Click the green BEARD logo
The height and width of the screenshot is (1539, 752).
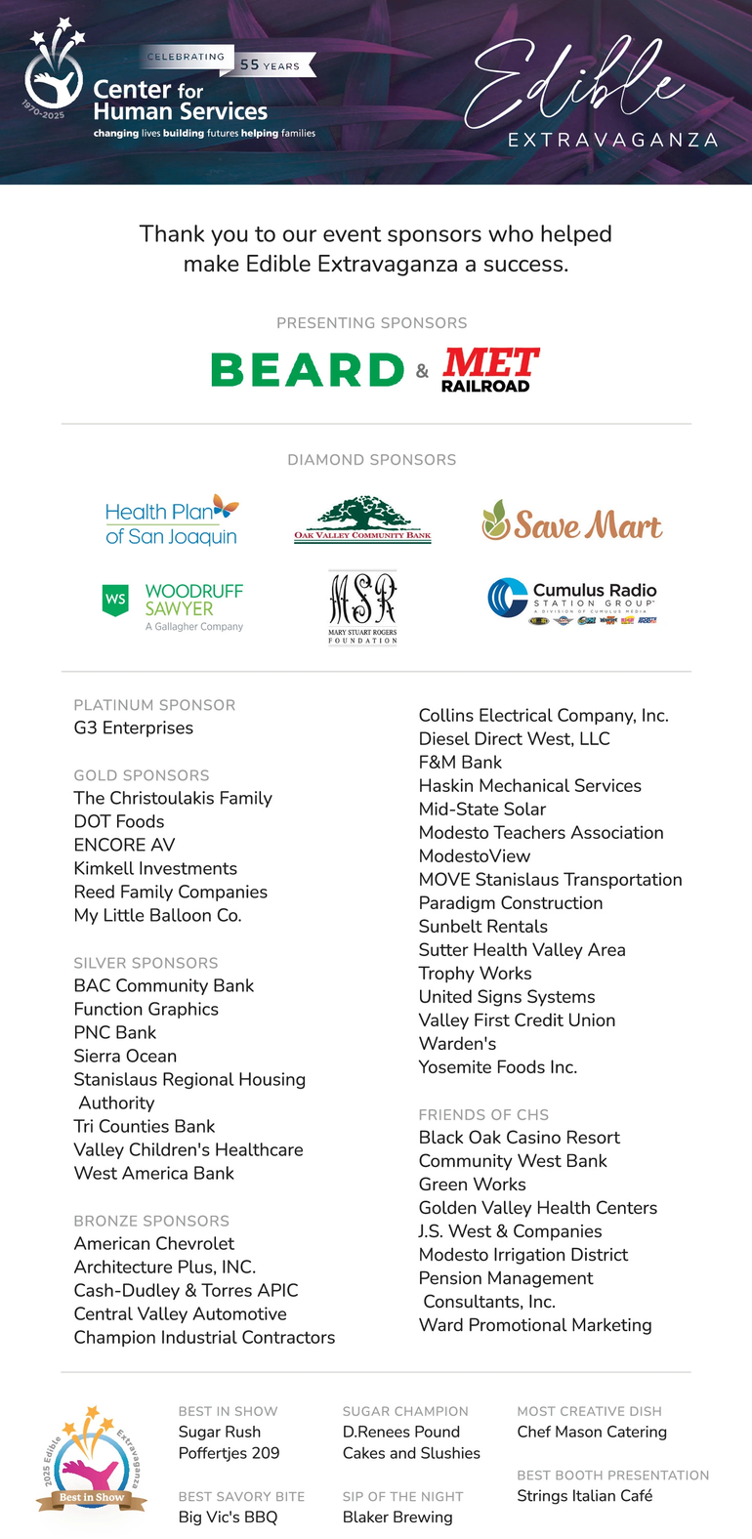pos(307,370)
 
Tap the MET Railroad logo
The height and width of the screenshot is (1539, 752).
pos(490,370)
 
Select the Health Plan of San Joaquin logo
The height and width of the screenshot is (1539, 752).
pos(172,522)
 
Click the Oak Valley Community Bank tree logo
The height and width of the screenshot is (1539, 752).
pos(362,519)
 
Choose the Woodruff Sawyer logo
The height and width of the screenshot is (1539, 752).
pos(173,605)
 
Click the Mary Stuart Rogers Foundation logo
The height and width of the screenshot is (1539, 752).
pos(362,606)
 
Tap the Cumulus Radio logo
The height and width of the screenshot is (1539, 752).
pos(572,600)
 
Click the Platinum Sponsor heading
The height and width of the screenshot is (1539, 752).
pos(154,705)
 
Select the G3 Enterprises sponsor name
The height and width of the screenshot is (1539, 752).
pos(134,728)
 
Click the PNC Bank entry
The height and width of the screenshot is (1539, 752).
pos(115,1032)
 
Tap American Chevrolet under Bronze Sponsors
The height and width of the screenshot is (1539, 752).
pos(154,1243)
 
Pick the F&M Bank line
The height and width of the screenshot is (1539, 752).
pos(460,762)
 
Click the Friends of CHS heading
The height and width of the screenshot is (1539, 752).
pos(483,1114)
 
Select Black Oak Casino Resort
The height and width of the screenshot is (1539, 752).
pos(519,1137)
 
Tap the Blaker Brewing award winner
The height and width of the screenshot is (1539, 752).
pos(397,1517)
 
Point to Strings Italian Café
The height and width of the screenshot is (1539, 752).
pos(584,1495)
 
